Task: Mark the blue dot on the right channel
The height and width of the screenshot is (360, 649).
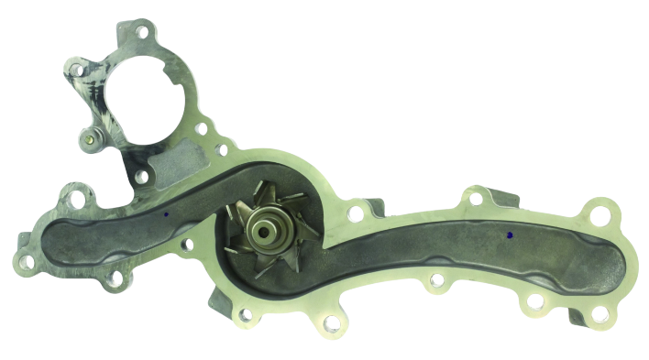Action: [509, 235]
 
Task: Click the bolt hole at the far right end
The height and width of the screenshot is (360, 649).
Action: [599, 216]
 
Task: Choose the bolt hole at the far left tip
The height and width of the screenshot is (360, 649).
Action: [27, 262]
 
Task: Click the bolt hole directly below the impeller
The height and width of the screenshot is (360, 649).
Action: [332, 322]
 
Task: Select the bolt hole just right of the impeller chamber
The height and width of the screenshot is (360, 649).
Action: [355, 214]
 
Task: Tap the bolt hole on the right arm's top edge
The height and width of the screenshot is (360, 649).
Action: [475, 196]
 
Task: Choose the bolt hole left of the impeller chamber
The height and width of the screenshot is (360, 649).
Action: [189, 245]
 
